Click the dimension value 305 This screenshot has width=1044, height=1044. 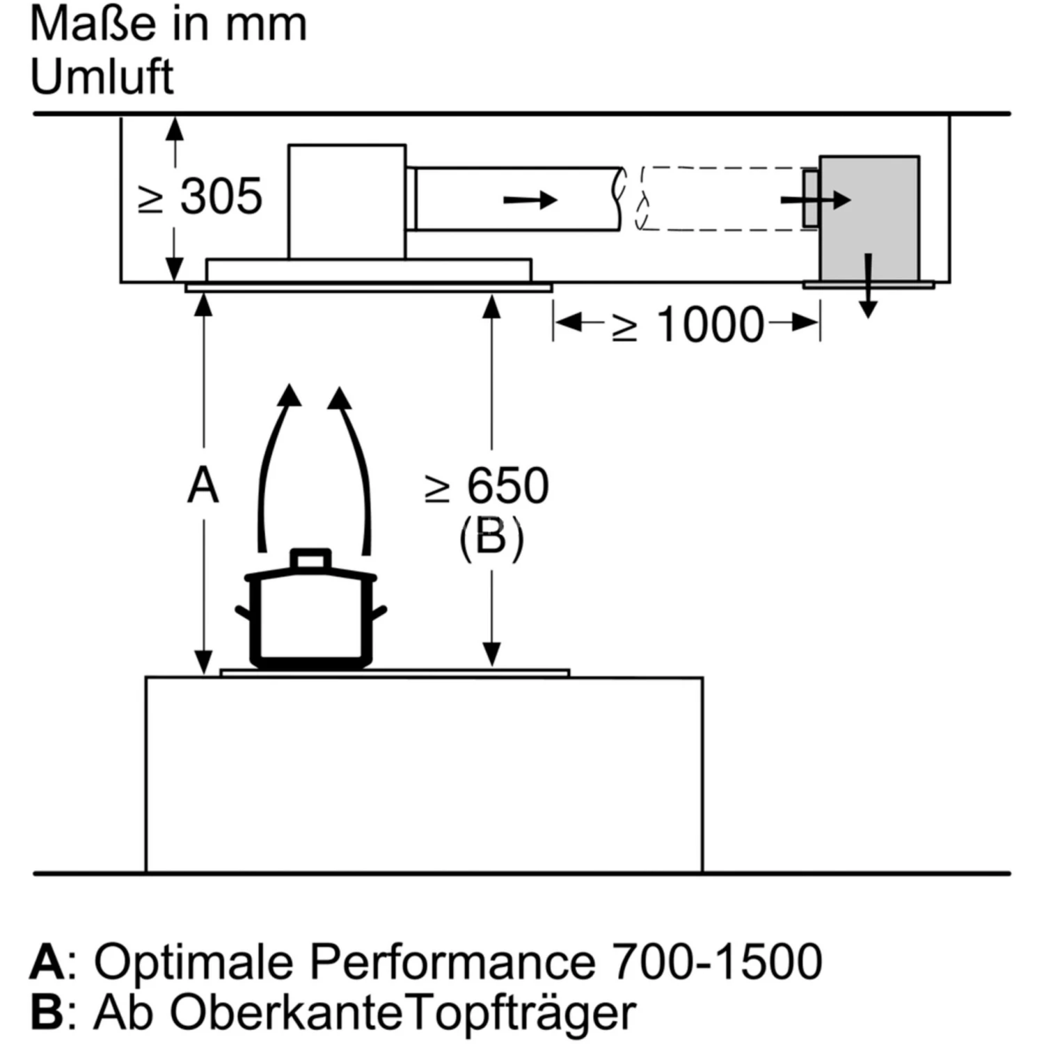click(221, 197)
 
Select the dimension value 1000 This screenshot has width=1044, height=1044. click(710, 324)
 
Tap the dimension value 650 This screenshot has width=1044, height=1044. click(507, 485)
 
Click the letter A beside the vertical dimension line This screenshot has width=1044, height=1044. click(203, 485)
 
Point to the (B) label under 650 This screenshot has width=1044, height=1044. click(491, 538)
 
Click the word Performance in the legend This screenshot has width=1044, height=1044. click(452, 962)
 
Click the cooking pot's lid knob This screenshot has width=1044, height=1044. click(310, 559)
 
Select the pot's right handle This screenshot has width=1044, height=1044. click(379, 613)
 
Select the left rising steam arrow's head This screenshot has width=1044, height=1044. click(289, 395)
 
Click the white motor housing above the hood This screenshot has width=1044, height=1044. click(347, 201)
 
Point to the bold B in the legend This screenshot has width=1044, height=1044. click(47, 1012)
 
